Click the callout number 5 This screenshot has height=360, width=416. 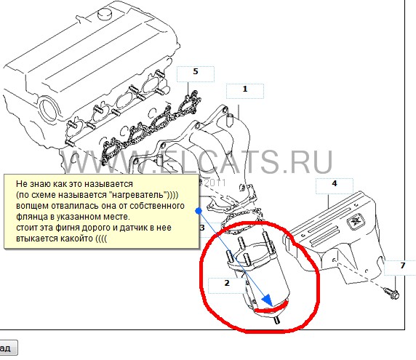pyautogui.click(x=196, y=71)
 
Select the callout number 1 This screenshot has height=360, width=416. pyautogui.click(x=245, y=89)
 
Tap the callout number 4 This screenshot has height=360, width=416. pyautogui.click(x=335, y=183)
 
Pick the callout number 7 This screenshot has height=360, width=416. pyautogui.click(x=403, y=265)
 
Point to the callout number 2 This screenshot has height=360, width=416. pyautogui.click(x=227, y=283)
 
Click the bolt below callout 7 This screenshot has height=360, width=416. pyautogui.click(x=391, y=292)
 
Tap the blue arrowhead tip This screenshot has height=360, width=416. pyautogui.click(x=272, y=307)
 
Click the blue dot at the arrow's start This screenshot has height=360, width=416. pyautogui.click(x=199, y=211)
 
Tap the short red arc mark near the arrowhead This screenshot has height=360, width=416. pyautogui.click(x=271, y=308)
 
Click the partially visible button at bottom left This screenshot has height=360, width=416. pyautogui.click(x=8, y=348)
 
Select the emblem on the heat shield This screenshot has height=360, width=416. pyautogui.click(x=355, y=220)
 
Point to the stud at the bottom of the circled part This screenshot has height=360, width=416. pyautogui.click(x=276, y=320)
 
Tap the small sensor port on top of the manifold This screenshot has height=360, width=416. pyautogui.click(x=230, y=119)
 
